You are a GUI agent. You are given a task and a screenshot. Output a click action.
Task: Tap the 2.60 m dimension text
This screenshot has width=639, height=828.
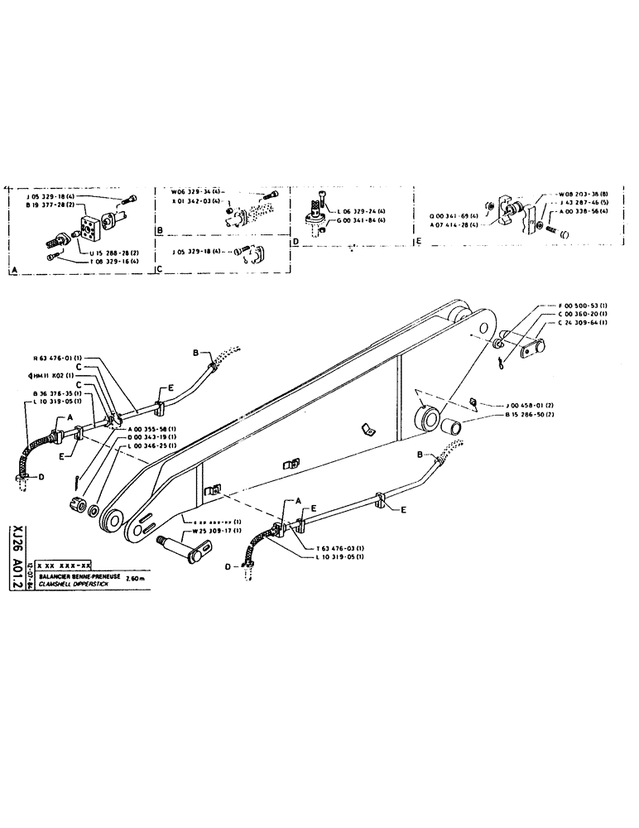coord(136,578)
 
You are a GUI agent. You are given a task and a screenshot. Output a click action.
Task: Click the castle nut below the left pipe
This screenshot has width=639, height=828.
coord(78,504)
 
